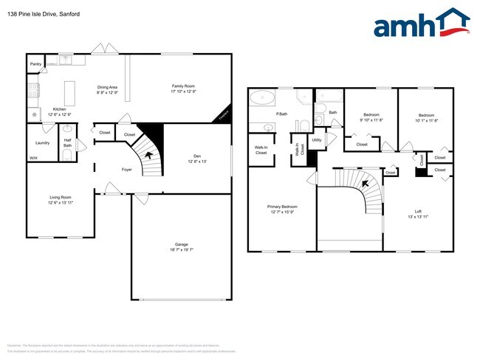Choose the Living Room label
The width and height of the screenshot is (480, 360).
pos(61,197)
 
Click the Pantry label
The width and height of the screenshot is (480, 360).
pos(35,64)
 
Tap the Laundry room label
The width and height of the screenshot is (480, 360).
pos(42,143)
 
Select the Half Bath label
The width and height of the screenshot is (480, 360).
pos(67,142)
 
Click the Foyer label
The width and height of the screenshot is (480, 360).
pos(127,170)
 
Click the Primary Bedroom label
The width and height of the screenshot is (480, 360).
pos(283,208)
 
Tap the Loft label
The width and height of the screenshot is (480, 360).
pos(418,212)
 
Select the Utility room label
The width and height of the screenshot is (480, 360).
pos(317,139)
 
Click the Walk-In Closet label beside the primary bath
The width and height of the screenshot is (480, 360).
pos(261,150)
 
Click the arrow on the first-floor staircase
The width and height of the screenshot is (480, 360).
pos(151,155)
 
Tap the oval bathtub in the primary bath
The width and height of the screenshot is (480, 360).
pos(262,98)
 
